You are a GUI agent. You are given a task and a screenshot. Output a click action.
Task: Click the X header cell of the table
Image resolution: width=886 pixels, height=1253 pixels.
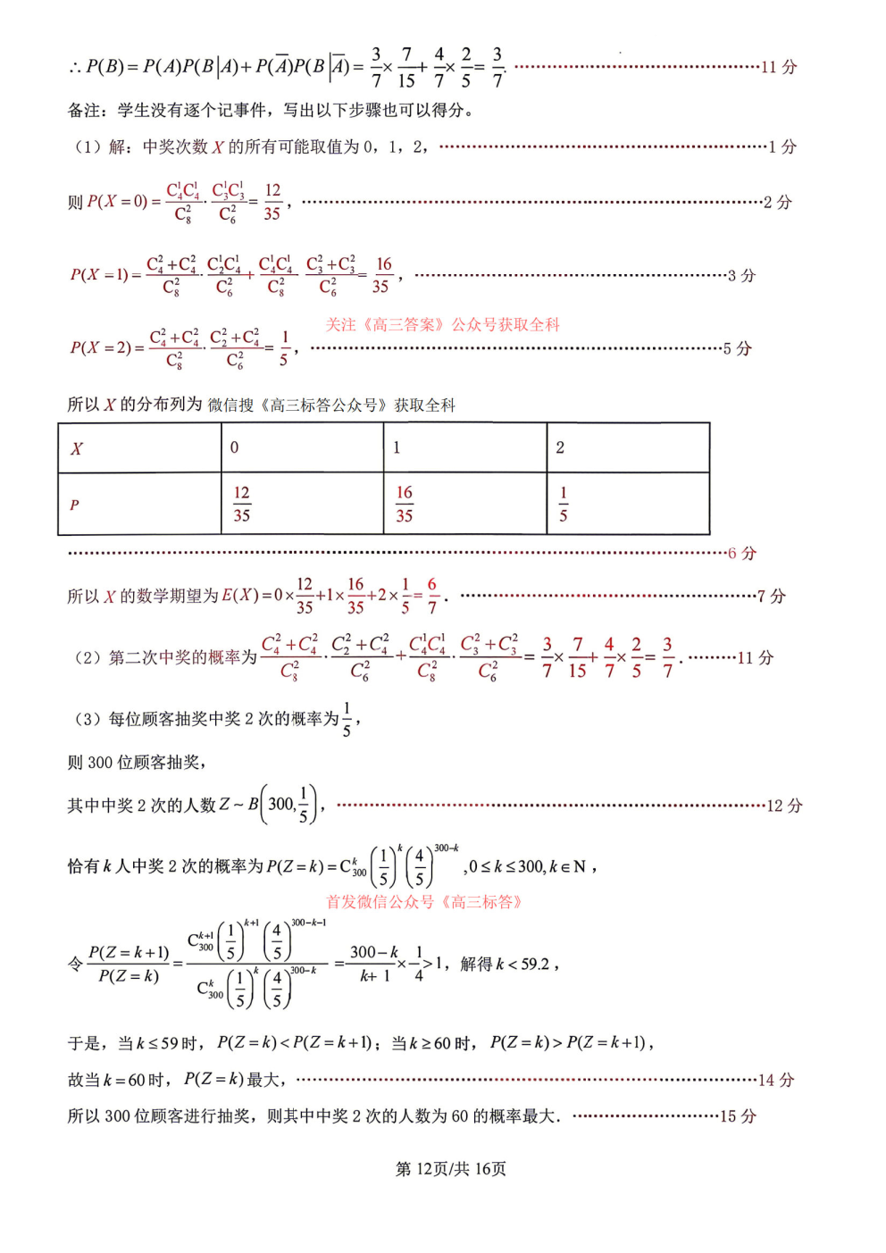tap(139, 448)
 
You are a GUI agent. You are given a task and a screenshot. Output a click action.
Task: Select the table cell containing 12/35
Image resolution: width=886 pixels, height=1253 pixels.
tap(302, 505)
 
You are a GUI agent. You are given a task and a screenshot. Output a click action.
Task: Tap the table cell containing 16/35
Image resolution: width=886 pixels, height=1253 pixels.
tap(464, 505)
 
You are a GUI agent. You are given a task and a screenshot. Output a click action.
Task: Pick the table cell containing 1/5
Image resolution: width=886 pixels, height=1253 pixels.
tap(628, 505)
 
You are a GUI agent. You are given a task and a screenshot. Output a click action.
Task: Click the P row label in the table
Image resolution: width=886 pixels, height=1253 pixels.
tap(139, 505)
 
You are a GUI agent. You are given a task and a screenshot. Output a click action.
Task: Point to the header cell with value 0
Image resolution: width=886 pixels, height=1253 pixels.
tap(302, 448)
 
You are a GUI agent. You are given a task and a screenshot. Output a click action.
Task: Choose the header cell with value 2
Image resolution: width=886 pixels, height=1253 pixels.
tap(628, 448)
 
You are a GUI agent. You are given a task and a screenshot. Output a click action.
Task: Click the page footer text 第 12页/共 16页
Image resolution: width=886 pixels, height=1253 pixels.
tap(450, 1169)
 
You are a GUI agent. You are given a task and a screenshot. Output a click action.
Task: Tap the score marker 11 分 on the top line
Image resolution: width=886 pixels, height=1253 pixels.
tap(778, 67)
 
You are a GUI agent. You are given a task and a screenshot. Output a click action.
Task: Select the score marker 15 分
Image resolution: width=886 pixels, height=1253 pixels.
tap(738, 1116)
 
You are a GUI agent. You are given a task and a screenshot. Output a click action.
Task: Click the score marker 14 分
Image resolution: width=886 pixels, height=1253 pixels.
tap(775, 1080)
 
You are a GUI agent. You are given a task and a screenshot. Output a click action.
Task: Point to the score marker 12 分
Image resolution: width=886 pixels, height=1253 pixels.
tap(784, 806)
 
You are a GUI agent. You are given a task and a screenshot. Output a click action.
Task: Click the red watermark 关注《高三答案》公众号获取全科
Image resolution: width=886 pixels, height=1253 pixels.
tap(442, 325)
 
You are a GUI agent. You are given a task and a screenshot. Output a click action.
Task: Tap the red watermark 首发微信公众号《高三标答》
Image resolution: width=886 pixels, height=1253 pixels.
tap(423, 902)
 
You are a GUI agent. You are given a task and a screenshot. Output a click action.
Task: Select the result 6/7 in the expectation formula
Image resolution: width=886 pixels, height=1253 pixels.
tap(432, 596)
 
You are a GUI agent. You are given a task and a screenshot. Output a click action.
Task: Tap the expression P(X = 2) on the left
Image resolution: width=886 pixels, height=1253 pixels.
tap(106, 348)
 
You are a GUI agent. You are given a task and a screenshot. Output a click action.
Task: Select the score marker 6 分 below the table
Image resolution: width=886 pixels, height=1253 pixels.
tap(741, 554)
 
